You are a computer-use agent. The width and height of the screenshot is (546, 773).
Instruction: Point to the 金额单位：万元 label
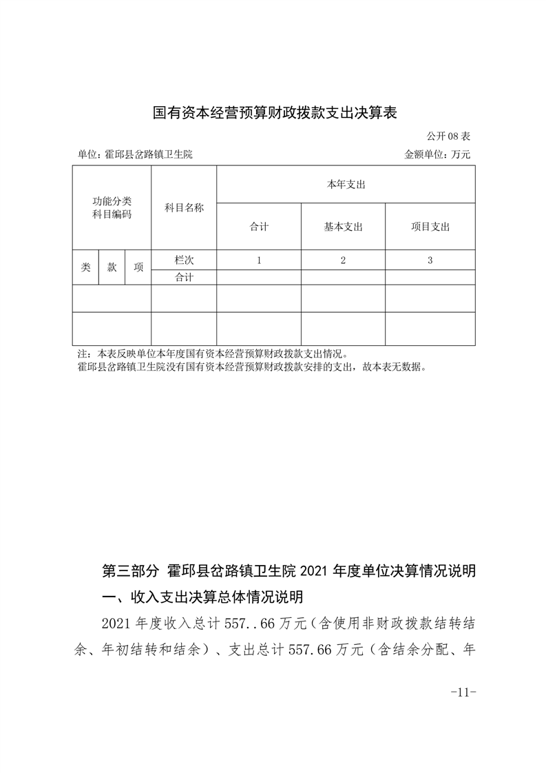pyautogui.click(x=437, y=154)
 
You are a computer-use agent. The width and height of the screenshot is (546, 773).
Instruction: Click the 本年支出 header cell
pyautogui.click(x=346, y=185)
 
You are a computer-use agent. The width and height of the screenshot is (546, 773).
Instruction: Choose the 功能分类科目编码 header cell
pyautogui.click(x=112, y=207)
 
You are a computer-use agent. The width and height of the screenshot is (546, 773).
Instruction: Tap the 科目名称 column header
pyautogui.click(x=184, y=207)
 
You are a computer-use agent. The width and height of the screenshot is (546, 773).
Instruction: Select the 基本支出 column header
pyautogui.click(x=343, y=227)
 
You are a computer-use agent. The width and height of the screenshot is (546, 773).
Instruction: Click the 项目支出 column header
pyautogui.click(x=430, y=227)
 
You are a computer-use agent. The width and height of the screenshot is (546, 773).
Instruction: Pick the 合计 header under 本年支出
pyautogui.click(x=259, y=227)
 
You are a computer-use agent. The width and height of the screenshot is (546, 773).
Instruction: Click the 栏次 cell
pyautogui.click(x=184, y=260)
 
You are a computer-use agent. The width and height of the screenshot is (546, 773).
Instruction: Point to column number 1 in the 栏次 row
pyautogui.click(x=259, y=260)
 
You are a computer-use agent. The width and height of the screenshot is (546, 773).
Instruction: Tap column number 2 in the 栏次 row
pyautogui.click(x=343, y=260)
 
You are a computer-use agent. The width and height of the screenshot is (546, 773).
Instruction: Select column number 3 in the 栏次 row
pyautogui.click(x=430, y=260)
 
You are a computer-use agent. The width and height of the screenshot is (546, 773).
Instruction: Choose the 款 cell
pyautogui.click(x=112, y=267)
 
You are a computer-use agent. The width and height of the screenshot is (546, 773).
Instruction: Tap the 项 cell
pyautogui.click(x=138, y=267)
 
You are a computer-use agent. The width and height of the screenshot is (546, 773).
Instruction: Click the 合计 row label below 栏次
pyautogui.click(x=184, y=277)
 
